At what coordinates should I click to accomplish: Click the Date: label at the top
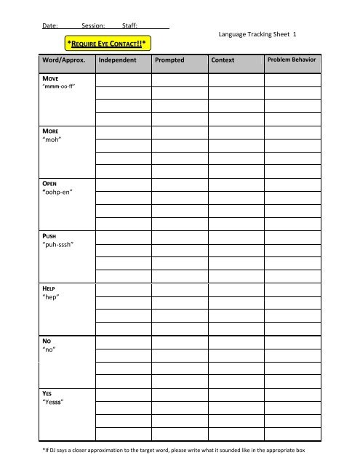(x=50, y=26)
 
